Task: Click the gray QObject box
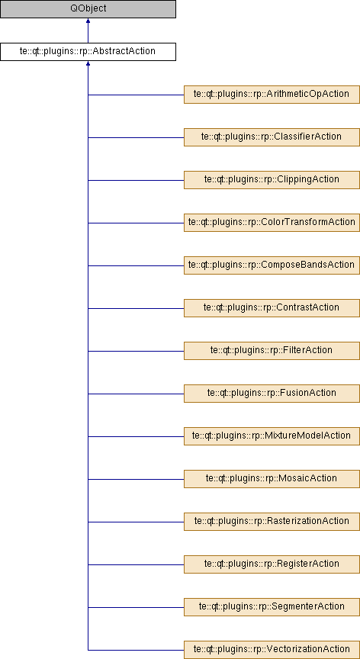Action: pyautogui.click(x=88, y=9)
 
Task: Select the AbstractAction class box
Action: pyautogui.click(x=88, y=52)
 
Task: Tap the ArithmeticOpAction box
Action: pyautogui.click(x=272, y=95)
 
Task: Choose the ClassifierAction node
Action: pyautogui.click(x=272, y=137)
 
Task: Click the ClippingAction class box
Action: pyautogui.click(x=272, y=180)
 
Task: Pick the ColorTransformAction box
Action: pyautogui.click(x=272, y=222)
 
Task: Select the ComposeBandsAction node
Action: pyautogui.click(x=272, y=265)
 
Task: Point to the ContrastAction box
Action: pyautogui.click(x=272, y=308)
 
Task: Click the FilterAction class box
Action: pyautogui.click(x=272, y=351)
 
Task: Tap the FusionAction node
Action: pyautogui.click(x=272, y=394)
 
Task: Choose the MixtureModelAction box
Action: pyautogui.click(x=272, y=436)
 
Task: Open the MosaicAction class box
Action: pyautogui.click(x=272, y=479)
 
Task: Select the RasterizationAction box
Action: pyautogui.click(x=272, y=522)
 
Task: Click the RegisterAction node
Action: pyautogui.click(x=272, y=564)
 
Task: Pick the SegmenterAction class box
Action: pyautogui.click(x=272, y=607)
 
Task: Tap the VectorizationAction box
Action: pyautogui.click(x=272, y=649)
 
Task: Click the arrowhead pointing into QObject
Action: pyautogui.click(x=88, y=21)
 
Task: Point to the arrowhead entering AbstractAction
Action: pyautogui.click(x=88, y=63)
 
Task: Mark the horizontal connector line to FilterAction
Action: pyautogui.click(x=136, y=351)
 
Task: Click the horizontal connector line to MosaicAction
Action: pyautogui.click(x=136, y=479)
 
